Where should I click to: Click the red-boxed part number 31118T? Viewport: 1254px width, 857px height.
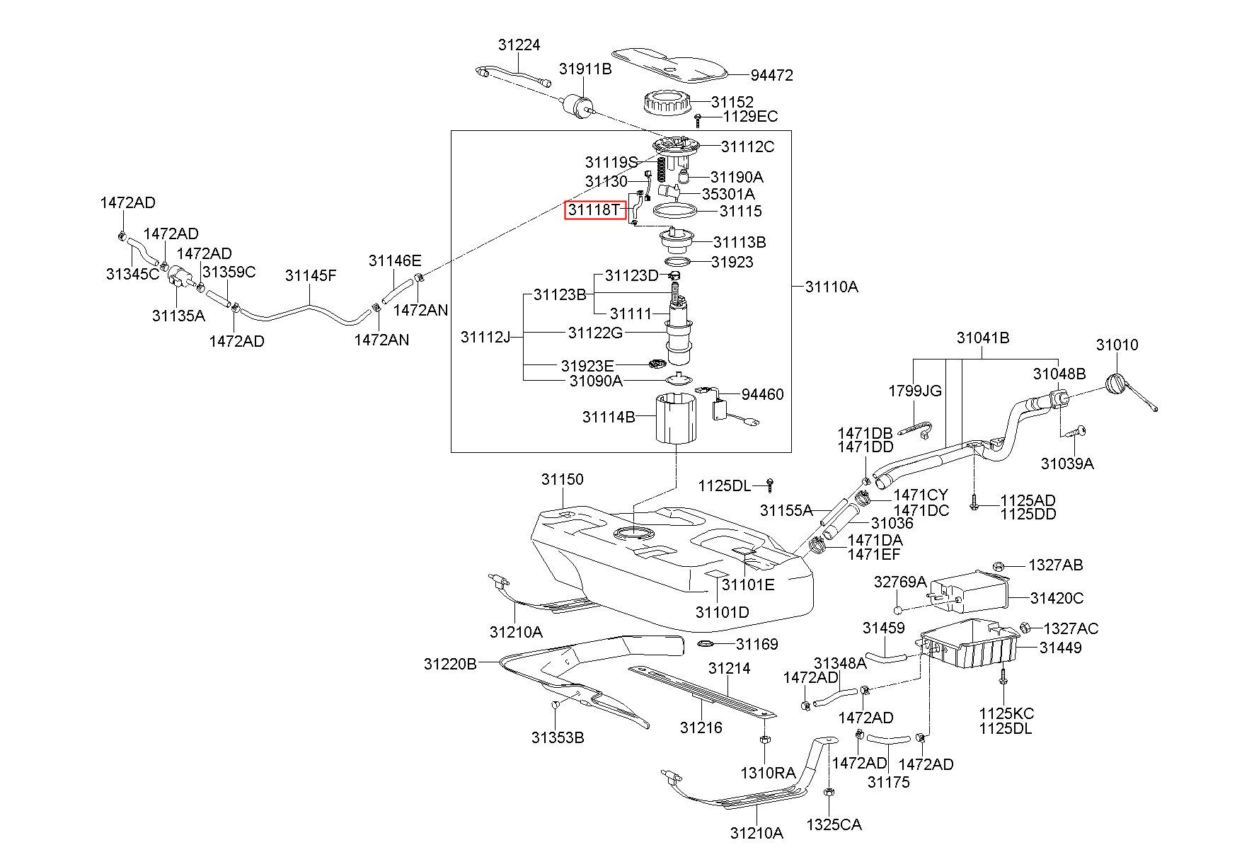point(594,210)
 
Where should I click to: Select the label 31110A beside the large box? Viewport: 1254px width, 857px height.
point(832,287)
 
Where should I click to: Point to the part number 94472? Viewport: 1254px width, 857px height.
point(772,75)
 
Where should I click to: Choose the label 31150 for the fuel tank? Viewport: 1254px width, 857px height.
point(563,479)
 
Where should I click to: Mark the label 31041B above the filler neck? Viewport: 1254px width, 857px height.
point(983,338)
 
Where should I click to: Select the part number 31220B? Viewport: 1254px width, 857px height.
point(451,664)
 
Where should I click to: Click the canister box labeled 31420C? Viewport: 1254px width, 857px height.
point(969,593)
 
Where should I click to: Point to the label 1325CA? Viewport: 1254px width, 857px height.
point(834,824)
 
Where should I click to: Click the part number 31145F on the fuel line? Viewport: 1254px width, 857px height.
point(311,275)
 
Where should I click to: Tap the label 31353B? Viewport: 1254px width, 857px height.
point(558,737)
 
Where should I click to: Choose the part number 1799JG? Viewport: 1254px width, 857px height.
point(915,391)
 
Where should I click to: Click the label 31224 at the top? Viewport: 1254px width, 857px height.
point(519,45)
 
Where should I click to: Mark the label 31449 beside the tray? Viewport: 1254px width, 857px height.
point(1060,647)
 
